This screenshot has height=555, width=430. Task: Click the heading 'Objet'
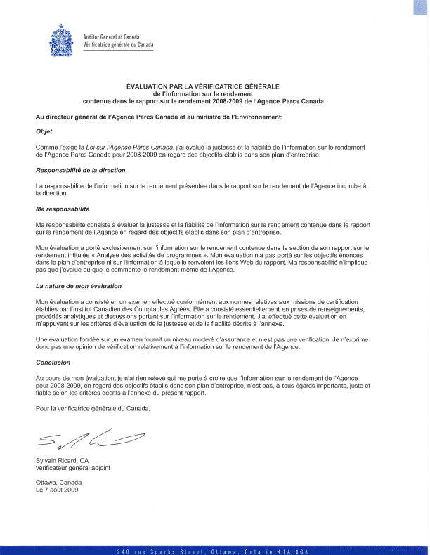pyautogui.click(x=44, y=131)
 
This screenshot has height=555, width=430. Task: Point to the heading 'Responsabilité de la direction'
pyautogui.click(x=81, y=171)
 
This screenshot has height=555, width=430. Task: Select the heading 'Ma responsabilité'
pyautogui.click(x=63, y=209)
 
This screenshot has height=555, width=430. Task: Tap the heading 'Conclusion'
pyautogui.click(x=53, y=363)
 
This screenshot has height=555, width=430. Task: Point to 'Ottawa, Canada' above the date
pyautogui.click(x=58, y=483)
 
